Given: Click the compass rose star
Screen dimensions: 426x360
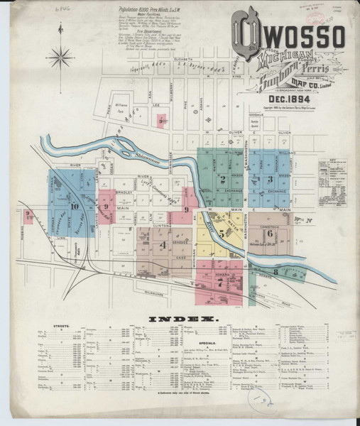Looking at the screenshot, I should click(62, 56).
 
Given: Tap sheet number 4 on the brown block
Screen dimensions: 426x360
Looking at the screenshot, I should click(163, 245).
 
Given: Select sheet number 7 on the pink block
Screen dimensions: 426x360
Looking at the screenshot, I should click(220, 282).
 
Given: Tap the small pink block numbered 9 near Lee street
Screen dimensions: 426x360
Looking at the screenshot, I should click(162, 121).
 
